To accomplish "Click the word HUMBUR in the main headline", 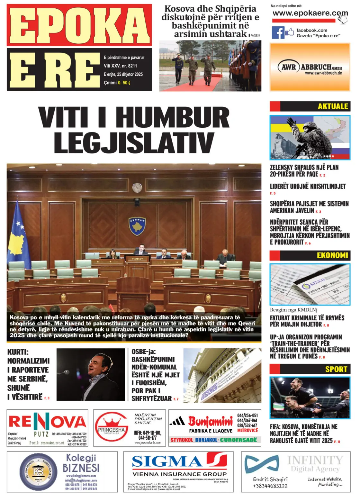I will coord(173,118).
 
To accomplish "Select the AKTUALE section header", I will coord(333,106).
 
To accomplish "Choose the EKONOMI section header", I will coord(332,255).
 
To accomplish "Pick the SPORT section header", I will coord(336,369).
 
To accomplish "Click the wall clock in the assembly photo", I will coord(137,187).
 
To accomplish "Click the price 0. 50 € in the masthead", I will coord(124,83).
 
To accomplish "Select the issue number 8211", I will coord(132,66).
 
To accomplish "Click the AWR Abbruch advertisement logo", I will coord(310,68).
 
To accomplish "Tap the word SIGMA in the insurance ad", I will coord(167,462).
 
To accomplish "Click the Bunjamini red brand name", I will coord(210,421).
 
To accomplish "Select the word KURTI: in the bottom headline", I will coord(18,352).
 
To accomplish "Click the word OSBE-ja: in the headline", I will coord(143,352).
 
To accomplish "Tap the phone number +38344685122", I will coord(270,486).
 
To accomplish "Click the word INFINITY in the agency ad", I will coord(315,460).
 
